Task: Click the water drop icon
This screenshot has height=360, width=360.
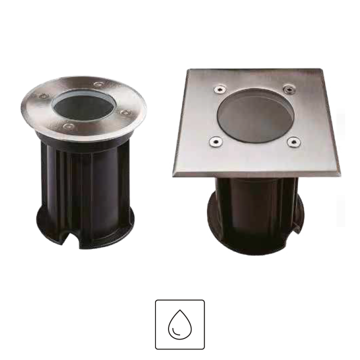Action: click(180, 324)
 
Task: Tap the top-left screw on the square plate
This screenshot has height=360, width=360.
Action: click(218, 89)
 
